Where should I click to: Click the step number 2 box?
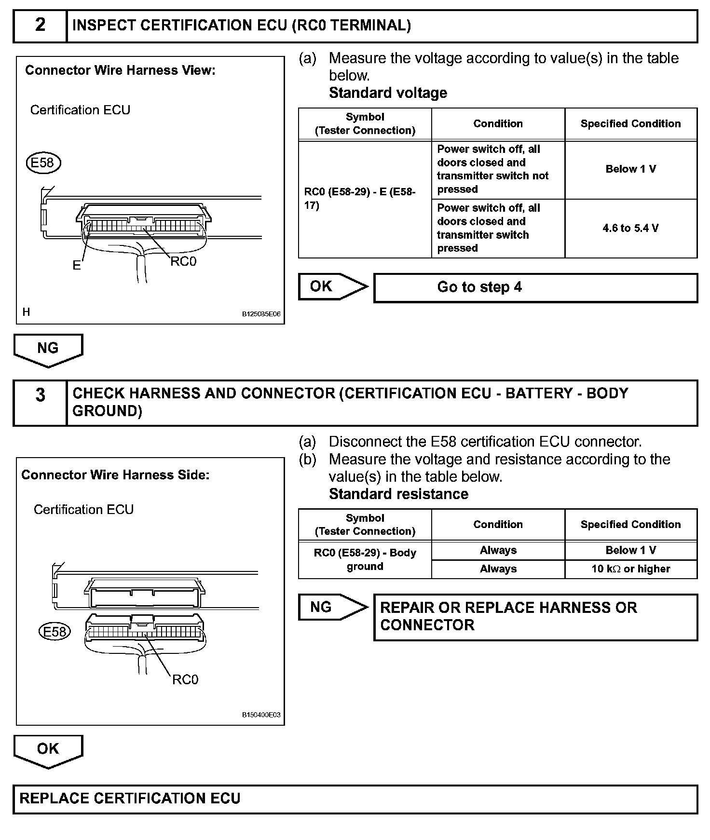coord(40,26)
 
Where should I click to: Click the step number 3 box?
coord(40,402)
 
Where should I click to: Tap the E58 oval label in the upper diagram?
coord(43,163)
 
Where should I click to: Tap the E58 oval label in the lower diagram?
coord(55,631)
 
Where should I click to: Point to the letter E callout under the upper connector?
coord(77,265)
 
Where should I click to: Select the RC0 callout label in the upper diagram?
coord(183,261)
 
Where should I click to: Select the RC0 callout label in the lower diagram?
coord(185,679)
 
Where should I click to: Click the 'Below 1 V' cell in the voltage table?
coord(630,169)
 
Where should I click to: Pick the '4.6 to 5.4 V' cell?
coord(630,228)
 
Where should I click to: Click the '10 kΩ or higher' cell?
coord(630,569)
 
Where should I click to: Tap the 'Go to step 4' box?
coord(535,287)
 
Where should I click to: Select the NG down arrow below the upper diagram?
coord(48,349)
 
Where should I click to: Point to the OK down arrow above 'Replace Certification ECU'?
coord(48,750)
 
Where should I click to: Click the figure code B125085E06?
coord(261,314)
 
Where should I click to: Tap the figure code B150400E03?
coord(261,715)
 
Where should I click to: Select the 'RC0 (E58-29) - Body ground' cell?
coord(365,559)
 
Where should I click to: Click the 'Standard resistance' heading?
coord(398,494)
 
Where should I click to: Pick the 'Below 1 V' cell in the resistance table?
coord(630,550)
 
